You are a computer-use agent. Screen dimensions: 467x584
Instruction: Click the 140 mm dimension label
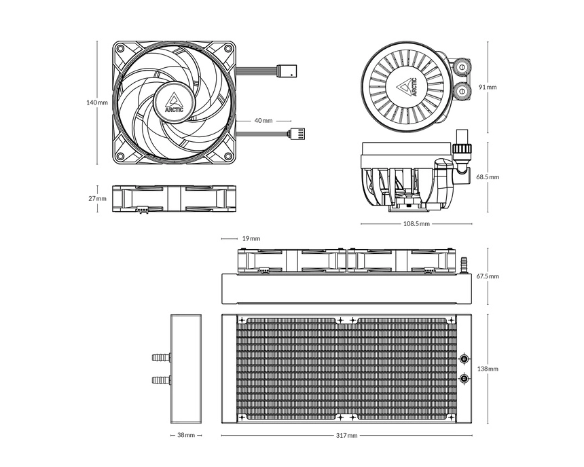[97, 102]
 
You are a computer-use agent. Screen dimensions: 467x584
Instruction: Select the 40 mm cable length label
[263, 121]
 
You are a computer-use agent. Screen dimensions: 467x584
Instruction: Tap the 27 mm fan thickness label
[97, 199]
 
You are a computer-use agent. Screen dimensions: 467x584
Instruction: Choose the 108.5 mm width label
[416, 223]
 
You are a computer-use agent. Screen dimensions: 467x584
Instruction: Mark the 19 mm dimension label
[251, 239]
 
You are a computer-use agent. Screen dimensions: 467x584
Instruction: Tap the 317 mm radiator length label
[347, 435]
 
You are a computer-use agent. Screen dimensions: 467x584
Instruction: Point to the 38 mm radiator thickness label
[186, 435]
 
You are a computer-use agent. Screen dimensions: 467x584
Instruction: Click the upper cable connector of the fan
[286, 69]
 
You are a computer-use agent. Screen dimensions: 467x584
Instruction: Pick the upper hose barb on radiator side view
[159, 356]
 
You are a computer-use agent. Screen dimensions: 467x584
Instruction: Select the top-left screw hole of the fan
[120, 50]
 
